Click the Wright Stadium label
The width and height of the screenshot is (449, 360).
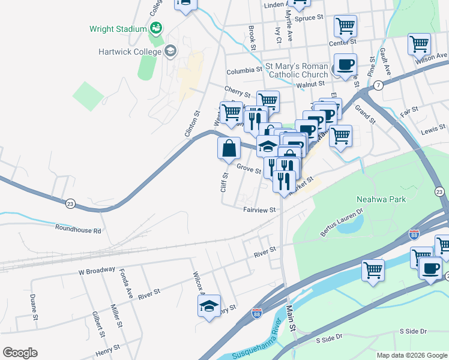[118, 29]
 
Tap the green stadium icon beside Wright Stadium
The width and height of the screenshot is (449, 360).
[156, 28]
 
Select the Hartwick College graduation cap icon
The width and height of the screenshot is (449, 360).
[170, 51]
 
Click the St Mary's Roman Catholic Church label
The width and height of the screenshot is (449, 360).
[297, 70]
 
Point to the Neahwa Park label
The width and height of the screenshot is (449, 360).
[381, 199]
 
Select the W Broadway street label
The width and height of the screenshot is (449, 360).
[97, 271]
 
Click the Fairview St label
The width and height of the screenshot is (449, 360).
[259, 210]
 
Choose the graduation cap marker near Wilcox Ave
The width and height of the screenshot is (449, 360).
[209, 306]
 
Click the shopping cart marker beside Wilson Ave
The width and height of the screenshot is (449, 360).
[419, 43]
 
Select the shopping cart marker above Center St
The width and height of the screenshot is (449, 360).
[345, 26]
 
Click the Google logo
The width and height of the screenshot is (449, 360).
[20, 353]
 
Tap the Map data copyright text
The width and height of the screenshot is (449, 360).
[411, 355]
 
